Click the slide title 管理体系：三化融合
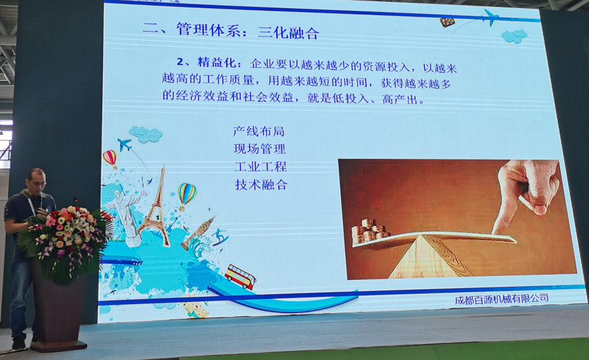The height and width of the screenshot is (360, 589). point(248,31)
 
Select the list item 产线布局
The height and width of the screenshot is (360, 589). point(259,131)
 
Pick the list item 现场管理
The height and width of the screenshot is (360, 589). point(259,149)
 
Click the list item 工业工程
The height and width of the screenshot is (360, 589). point(261,167)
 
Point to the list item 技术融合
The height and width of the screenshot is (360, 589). point(261,184)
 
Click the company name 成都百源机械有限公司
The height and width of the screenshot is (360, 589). point(501,299)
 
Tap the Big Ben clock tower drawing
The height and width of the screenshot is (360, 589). point(197,233)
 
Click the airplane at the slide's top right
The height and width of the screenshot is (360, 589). point(491,17)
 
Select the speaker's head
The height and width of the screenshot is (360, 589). point(37,181)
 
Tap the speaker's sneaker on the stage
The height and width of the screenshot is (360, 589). point(18,344)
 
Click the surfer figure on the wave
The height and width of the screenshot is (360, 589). point(220,237)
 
